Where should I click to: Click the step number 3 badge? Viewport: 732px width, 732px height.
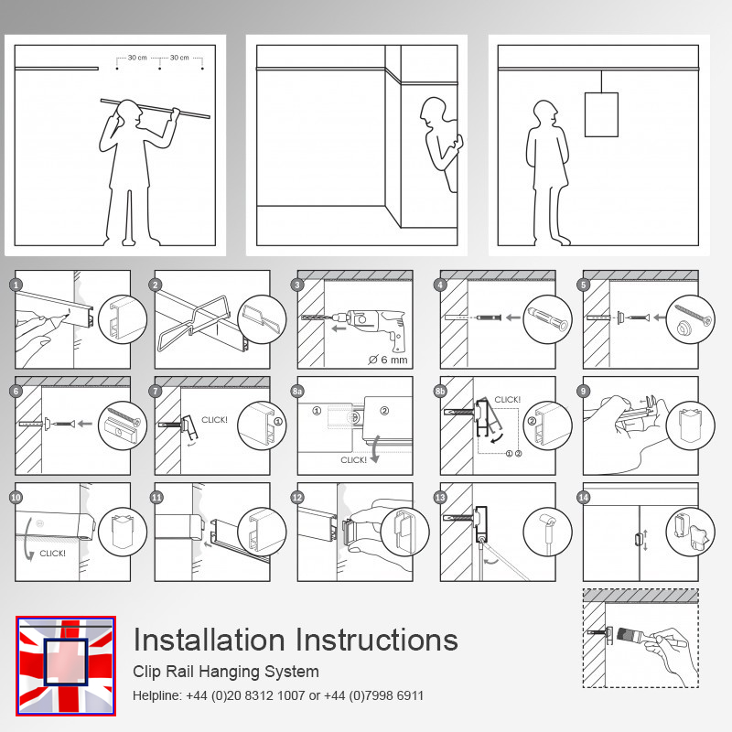coord(297,285)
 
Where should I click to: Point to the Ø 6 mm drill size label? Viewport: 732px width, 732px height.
coord(387,360)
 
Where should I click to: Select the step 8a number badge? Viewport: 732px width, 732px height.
coord(297,391)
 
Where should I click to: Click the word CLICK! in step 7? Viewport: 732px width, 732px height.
coord(214,420)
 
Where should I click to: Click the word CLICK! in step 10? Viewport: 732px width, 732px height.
coord(52,554)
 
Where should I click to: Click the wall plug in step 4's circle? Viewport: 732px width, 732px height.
coord(547,318)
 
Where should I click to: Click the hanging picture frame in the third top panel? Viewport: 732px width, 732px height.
coord(601,114)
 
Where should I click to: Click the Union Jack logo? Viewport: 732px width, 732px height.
coord(66,666)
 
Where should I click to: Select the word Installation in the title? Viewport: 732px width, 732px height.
coord(210,640)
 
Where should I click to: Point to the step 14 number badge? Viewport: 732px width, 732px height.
coord(583,497)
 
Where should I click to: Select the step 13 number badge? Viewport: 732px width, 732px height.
coord(440,497)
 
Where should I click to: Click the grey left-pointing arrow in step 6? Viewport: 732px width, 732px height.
coord(85,424)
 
